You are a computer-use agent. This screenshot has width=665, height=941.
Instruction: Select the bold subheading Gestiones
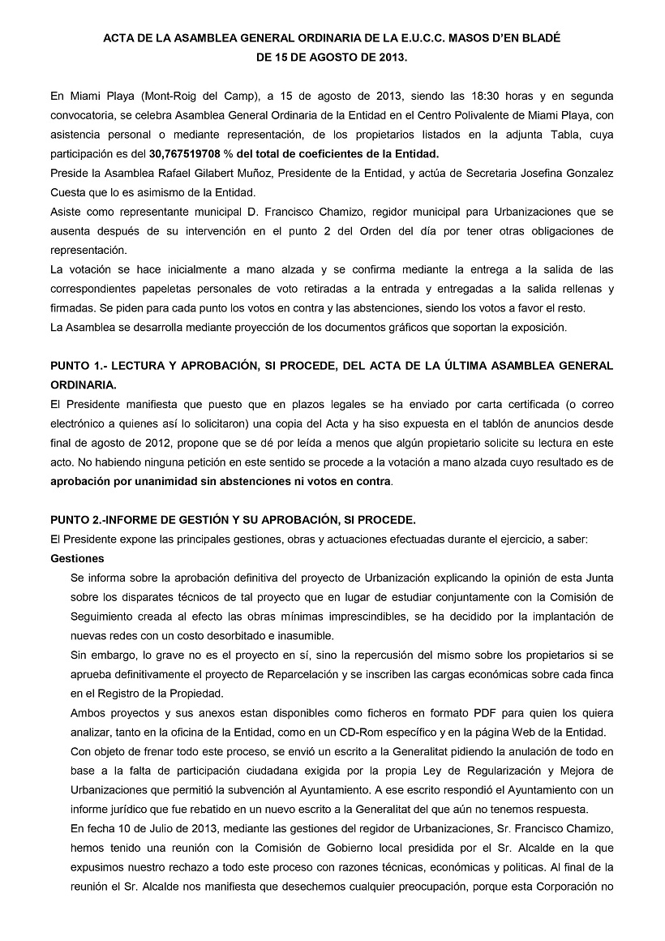tap(76, 558)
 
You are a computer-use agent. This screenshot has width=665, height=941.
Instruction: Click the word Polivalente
tap(459, 115)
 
